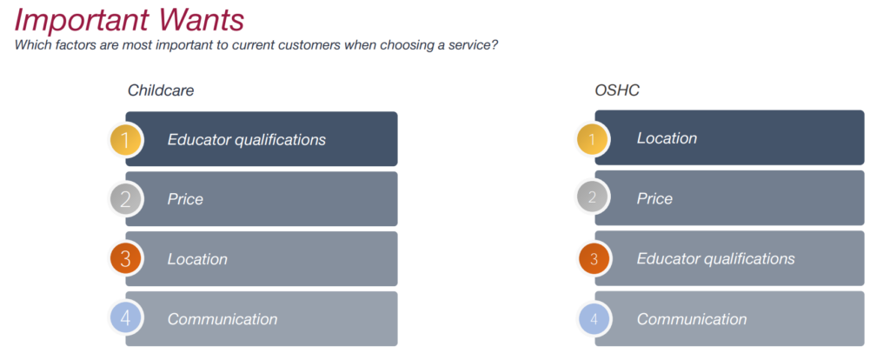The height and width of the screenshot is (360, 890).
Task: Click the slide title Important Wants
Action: coord(130,19)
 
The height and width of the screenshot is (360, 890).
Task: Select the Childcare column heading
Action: coord(160,90)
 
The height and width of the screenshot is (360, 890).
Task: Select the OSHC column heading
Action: coord(617,90)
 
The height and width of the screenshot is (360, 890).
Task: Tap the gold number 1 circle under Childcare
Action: coord(126,140)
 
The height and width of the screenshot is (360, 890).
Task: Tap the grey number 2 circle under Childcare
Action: coord(126,200)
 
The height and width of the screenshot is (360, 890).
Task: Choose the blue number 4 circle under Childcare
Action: coord(126,319)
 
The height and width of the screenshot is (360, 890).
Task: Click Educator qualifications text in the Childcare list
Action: coord(246,139)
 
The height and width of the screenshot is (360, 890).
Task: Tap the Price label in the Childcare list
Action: coord(185,199)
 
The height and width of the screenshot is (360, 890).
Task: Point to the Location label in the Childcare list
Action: coord(197,259)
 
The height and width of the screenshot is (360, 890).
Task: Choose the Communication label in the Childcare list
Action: coord(222,319)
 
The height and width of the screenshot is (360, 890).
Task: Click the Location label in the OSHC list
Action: coord(667,138)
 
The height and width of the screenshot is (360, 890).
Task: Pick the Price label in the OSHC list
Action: coord(654,198)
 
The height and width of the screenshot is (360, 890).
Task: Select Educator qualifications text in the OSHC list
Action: coord(715,258)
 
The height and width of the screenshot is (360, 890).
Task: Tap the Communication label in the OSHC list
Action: coord(692,319)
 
